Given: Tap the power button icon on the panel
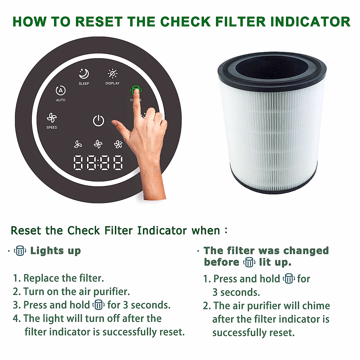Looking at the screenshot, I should pyautogui.click(x=98, y=121).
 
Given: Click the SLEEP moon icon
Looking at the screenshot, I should pyautogui.click(x=84, y=73).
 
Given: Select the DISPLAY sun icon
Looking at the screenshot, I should pyautogui.click(x=112, y=73).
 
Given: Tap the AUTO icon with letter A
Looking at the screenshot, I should pyautogui.click(x=61, y=91).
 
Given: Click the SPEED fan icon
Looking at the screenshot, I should pyautogui.click(x=52, y=118).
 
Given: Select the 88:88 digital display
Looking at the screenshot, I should pyautogui.click(x=98, y=163).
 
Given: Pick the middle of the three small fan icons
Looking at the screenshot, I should pyautogui.click(x=98, y=144).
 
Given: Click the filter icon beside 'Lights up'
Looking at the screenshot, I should pyautogui.click(x=20, y=250).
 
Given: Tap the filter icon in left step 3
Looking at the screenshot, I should pyautogui.click(x=98, y=305).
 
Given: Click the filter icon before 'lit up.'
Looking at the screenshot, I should pyautogui.click(x=249, y=262).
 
